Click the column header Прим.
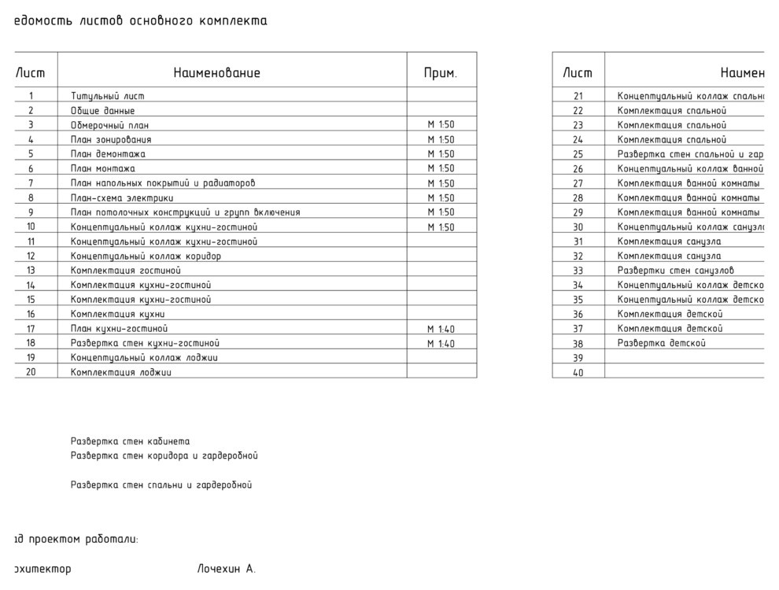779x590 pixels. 440,73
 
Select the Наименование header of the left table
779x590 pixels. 216,73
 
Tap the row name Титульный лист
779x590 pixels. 108,96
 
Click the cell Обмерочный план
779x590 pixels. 109,125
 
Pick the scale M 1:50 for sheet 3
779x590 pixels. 441,124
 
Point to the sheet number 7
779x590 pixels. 31,183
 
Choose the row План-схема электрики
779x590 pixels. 122,198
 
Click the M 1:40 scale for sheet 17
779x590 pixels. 441,329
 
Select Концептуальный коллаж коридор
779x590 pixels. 146,256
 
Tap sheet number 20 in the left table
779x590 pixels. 31,372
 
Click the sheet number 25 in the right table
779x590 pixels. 578,154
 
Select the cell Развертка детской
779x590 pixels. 661,343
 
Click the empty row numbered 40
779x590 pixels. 578,373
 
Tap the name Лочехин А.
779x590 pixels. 227,569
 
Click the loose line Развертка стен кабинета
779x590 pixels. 130,441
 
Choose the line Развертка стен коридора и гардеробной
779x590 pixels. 164,455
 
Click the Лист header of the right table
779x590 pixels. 578,73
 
